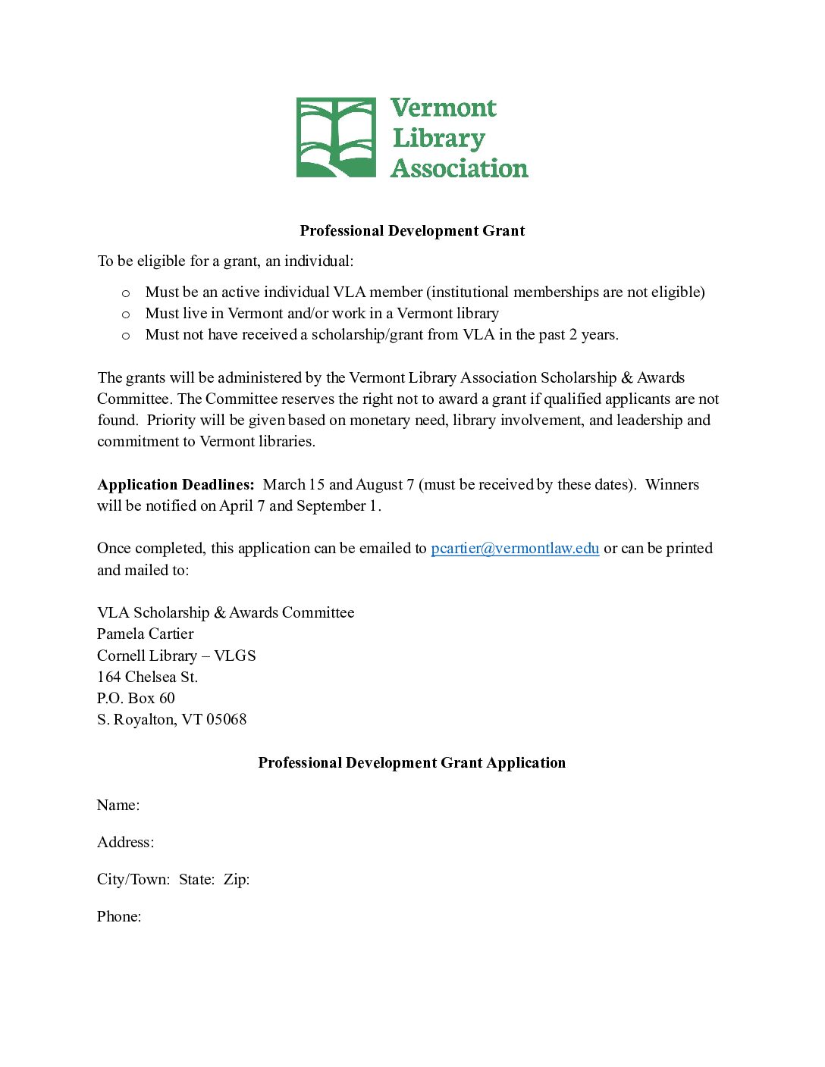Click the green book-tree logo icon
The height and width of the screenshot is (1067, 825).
[x=336, y=137]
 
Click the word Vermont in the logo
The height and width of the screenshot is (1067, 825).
[x=444, y=108]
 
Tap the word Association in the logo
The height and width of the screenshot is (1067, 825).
[x=460, y=168]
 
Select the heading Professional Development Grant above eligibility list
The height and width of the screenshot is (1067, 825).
[x=412, y=230]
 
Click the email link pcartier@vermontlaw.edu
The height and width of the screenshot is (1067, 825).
[x=515, y=548]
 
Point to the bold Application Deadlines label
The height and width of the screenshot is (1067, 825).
[x=176, y=484]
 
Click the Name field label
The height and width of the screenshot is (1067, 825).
[x=118, y=805]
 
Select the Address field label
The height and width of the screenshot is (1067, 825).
[x=125, y=842]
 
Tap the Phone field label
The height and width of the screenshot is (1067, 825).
[x=119, y=916]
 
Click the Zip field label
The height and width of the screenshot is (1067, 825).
[x=237, y=879]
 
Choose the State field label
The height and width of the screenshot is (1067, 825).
[x=196, y=879]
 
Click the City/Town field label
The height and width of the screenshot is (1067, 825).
[x=133, y=879]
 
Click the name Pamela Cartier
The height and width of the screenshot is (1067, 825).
[x=145, y=634]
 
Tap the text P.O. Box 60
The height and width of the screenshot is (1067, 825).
[x=136, y=698]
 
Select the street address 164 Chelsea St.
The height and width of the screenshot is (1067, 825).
[x=147, y=677]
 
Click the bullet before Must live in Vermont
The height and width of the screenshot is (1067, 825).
[x=126, y=314]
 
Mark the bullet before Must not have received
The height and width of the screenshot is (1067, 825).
[x=126, y=335]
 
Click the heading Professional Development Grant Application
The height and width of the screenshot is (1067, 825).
[x=412, y=762]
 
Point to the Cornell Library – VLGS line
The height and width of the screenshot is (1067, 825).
[x=176, y=656]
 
